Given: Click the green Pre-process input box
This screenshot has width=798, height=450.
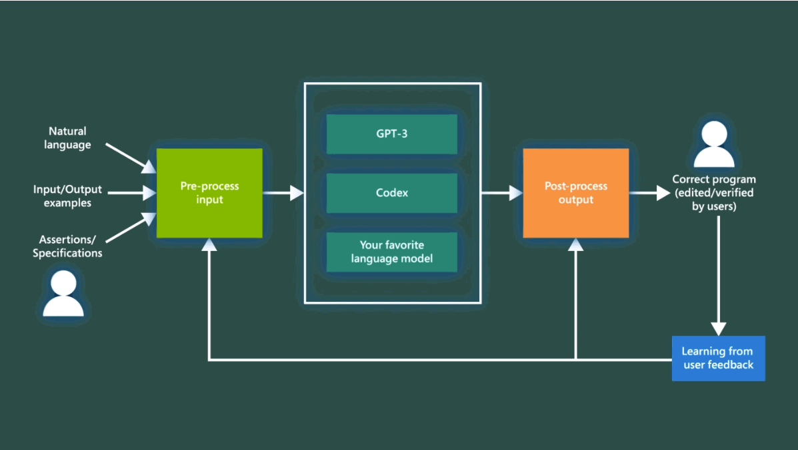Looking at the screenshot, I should (209, 193).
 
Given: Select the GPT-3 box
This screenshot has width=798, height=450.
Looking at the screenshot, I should (392, 134).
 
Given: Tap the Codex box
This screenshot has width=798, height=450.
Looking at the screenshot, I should (392, 193).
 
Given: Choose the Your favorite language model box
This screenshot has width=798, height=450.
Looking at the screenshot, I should (392, 252).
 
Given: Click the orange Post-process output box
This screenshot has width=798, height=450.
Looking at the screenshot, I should (575, 193).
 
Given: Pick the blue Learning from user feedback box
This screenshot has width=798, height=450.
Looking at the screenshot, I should (718, 359).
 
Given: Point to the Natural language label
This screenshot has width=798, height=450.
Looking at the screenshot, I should (67, 138).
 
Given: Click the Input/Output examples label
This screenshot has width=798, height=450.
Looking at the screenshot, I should (67, 196).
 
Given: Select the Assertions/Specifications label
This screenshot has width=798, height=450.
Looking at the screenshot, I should (67, 246).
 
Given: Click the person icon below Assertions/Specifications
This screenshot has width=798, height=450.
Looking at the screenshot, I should (63, 294).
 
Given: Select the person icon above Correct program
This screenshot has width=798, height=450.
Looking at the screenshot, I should (714, 145).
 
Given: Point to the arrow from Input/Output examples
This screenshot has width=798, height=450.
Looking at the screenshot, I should (131, 193).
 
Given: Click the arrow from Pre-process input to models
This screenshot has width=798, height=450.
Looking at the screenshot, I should (283, 193).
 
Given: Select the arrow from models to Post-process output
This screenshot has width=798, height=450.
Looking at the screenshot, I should (501, 193).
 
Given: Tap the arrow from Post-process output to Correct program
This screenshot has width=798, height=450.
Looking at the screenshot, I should (649, 193).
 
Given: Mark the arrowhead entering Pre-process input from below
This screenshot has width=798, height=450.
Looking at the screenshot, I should (209, 246).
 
